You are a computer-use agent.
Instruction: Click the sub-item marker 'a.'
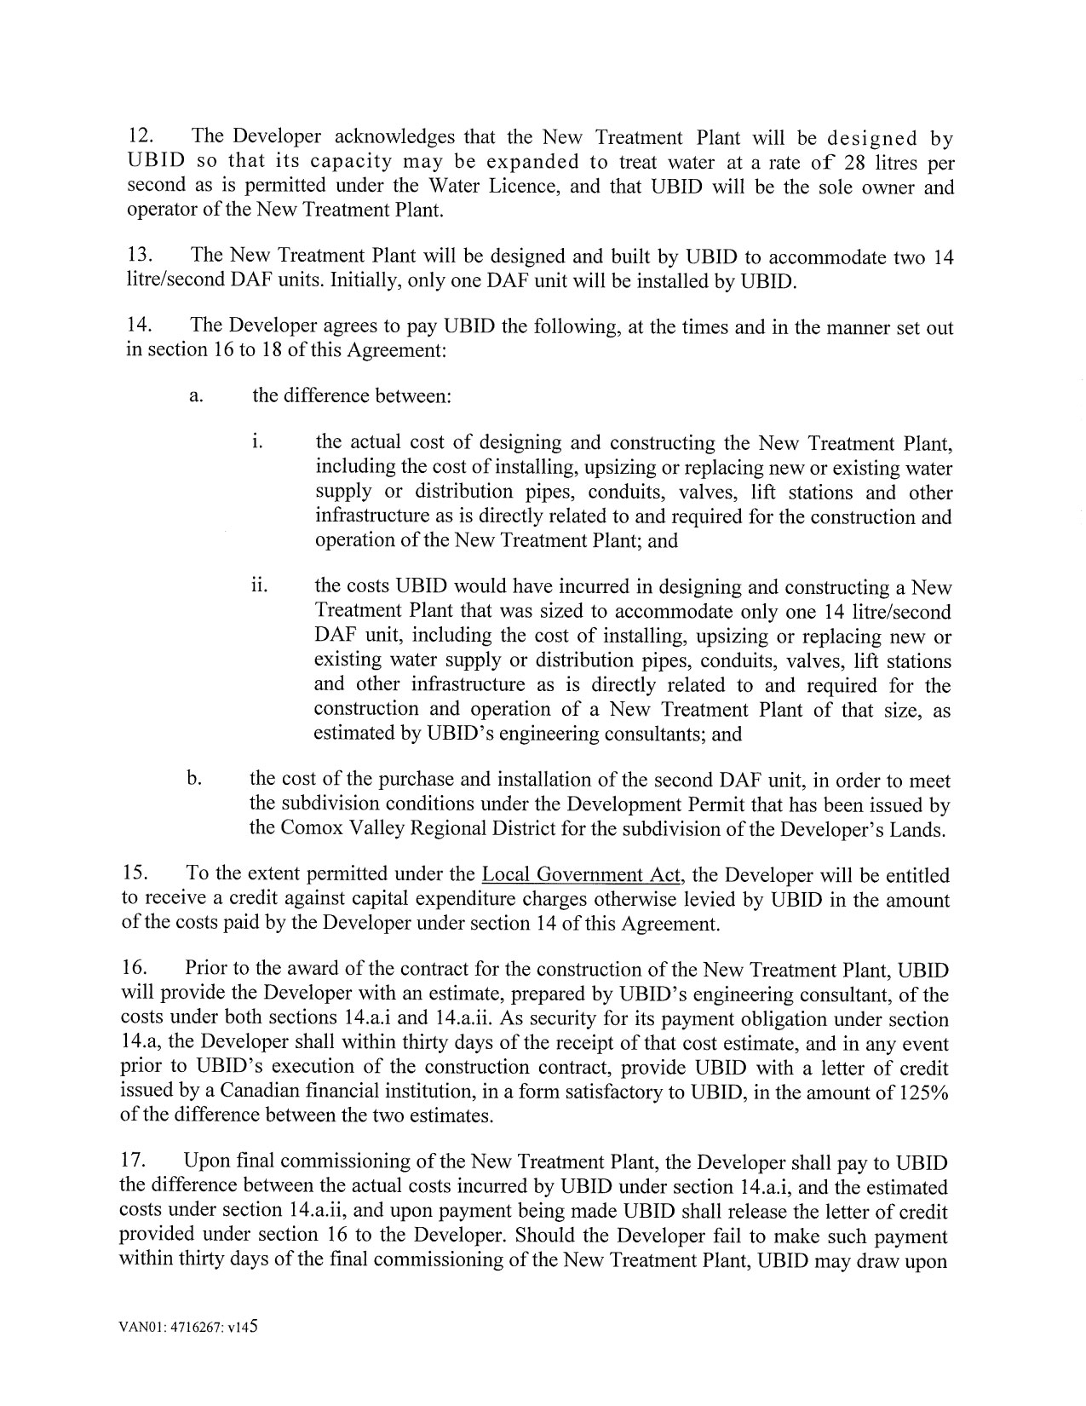pos(196,396)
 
